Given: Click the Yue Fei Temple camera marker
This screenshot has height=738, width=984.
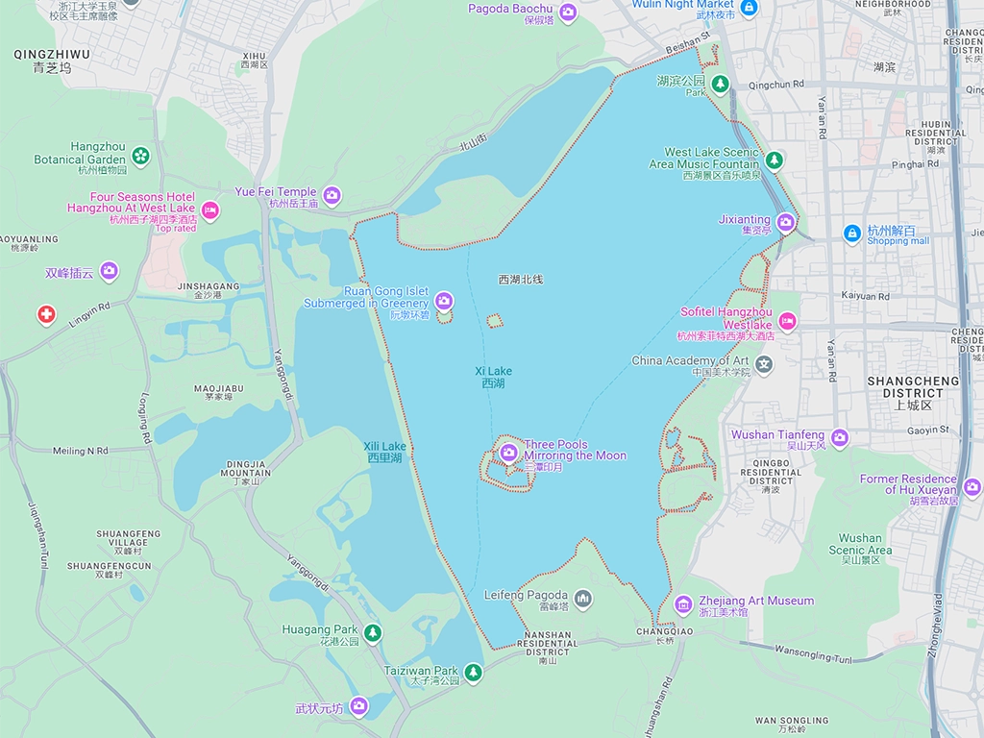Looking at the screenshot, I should [332, 196].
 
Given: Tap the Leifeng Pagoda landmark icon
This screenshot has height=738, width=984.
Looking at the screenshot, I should [582, 600].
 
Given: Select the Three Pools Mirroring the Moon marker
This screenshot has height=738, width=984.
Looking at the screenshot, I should [509, 451].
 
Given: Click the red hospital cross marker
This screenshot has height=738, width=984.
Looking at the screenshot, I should [46, 314].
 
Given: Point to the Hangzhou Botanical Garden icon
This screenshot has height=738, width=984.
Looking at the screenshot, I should [141, 155].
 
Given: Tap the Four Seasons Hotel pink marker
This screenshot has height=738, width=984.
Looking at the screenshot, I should [210, 210].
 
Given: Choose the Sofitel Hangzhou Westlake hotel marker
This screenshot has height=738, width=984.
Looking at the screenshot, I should [787, 321].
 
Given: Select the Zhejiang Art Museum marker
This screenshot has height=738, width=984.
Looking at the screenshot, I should [683, 604].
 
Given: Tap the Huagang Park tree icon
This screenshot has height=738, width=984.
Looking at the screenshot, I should [373, 632].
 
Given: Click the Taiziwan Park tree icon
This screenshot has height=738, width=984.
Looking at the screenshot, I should [472, 672].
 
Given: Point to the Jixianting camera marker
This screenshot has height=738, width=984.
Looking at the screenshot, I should [786, 223].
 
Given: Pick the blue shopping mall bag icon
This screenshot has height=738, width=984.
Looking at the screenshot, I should [851, 234].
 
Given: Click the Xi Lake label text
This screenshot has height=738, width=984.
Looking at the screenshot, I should [493, 377].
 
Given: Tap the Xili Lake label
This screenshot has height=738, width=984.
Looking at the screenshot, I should [384, 452].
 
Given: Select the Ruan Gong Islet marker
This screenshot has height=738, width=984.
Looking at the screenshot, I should [443, 301].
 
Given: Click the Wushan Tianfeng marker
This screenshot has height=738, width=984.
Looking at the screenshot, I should [840, 438].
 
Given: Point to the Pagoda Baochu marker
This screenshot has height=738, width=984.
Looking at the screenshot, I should [568, 12].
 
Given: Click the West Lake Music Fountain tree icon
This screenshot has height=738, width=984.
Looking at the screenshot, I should [774, 160].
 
